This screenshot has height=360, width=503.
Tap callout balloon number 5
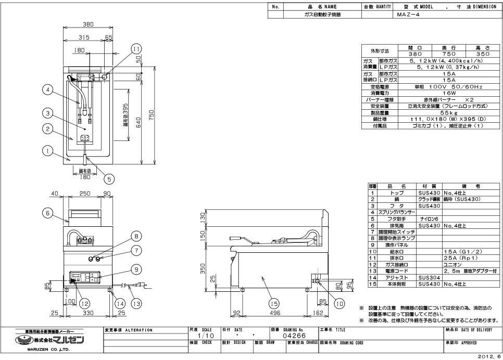point(109,179)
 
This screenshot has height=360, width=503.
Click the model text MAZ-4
point(408,15)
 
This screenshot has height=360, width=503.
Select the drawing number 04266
point(290,336)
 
